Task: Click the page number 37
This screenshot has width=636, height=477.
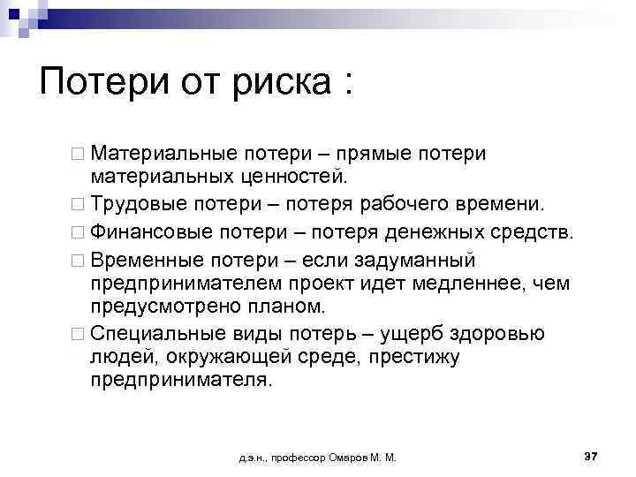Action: pyautogui.click(x=591, y=456)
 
